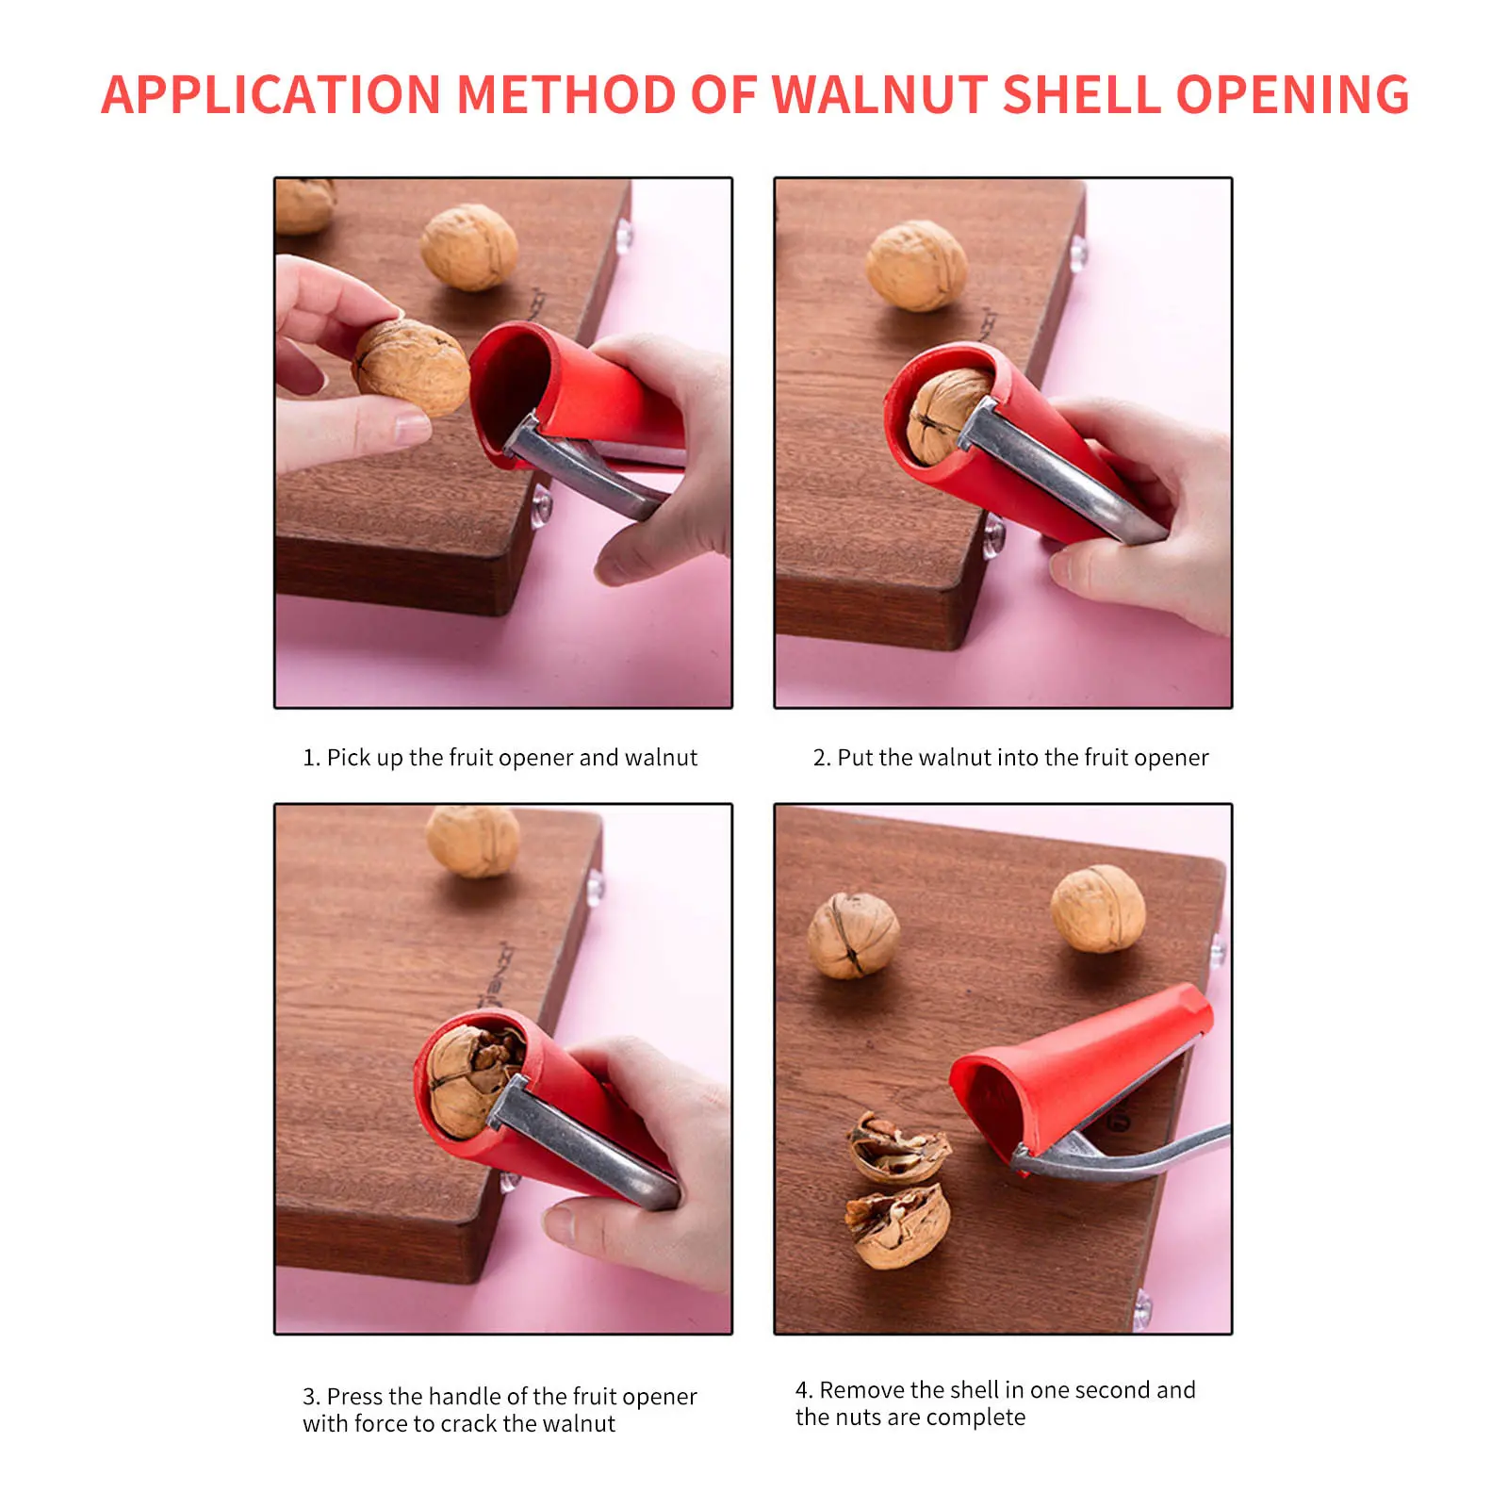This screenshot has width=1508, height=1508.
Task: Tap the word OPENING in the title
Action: click(1292, 95)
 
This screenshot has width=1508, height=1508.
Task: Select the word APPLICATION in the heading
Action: click(270, 95)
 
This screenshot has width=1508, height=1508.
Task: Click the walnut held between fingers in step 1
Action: click(411, 368)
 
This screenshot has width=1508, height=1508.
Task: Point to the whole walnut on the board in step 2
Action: click(916, 265)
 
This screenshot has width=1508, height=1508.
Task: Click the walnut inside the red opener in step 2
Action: click(945, 415)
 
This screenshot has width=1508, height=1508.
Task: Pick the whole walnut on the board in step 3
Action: click(472, 842)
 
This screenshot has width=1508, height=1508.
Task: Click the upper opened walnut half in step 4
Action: click(898, 1146)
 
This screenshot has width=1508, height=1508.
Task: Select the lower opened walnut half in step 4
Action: click(897, 1224)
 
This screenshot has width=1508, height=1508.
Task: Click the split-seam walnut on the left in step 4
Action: click(853, 936)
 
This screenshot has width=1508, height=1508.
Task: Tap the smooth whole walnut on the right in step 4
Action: click(1098, 910)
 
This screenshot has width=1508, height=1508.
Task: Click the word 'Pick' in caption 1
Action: click(349, 758)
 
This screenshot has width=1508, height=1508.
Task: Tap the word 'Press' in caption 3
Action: click(354, 1396)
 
